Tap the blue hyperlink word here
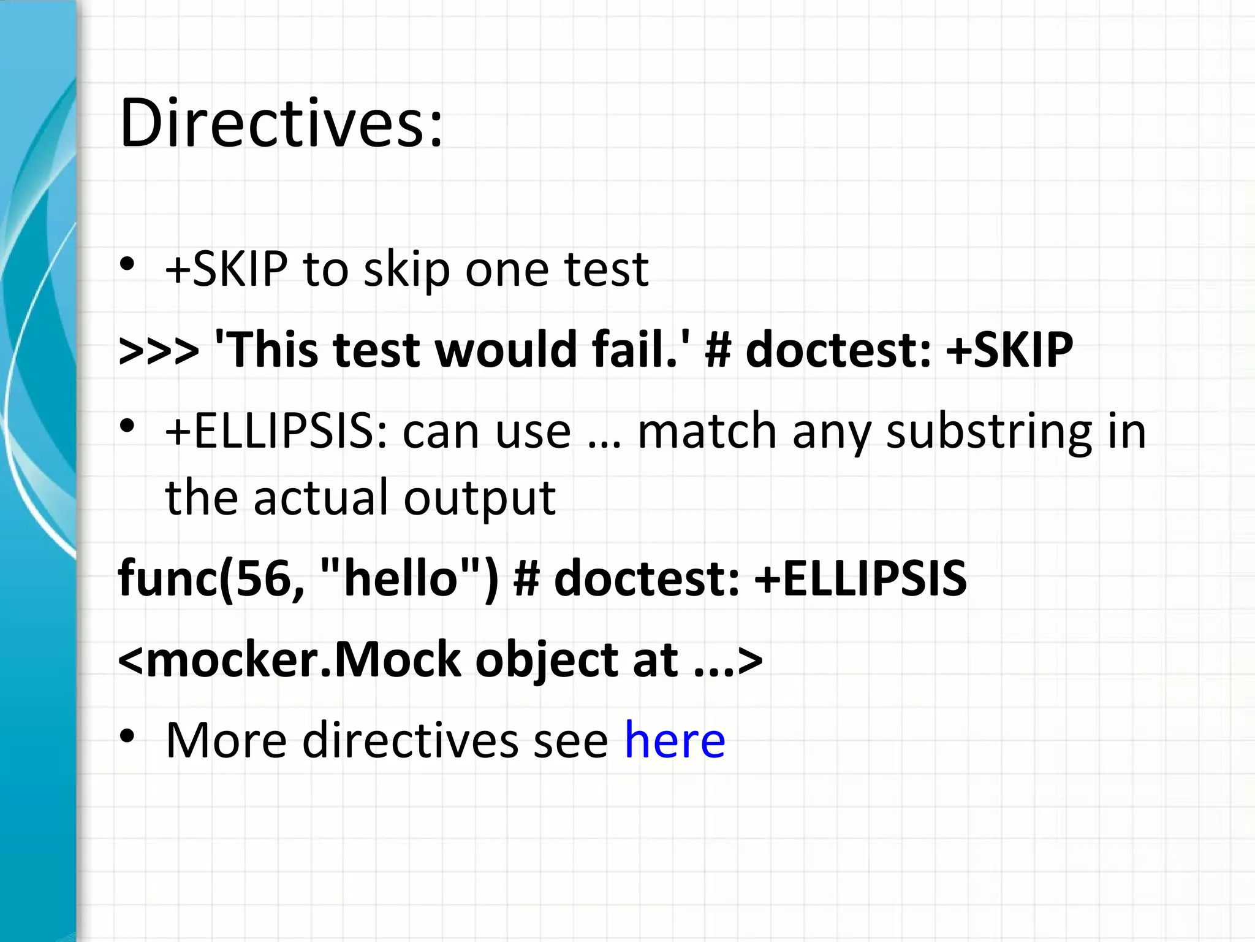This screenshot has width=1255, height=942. point(675,740)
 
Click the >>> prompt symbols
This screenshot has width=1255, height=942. point(159,350)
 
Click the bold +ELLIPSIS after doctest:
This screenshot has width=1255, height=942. point(860,578)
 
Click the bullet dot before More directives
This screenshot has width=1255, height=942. point(127,736)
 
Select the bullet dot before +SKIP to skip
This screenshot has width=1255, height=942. point(127,264)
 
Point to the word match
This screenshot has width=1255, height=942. point(708,431)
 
